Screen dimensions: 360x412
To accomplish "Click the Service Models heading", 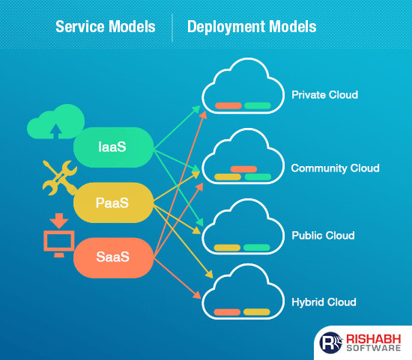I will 106,27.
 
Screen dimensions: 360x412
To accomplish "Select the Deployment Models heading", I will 252,27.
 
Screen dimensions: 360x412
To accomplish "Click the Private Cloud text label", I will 324,95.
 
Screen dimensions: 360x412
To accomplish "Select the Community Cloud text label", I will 335,168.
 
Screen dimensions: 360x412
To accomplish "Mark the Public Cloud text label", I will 323,236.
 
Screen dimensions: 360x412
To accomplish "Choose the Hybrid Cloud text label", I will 324,302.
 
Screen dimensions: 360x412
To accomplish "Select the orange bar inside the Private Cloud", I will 228,106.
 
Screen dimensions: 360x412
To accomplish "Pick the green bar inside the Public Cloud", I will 257,247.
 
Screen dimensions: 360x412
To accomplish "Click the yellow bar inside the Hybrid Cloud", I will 257,312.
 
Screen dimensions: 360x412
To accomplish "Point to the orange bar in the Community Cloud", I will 244,168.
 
